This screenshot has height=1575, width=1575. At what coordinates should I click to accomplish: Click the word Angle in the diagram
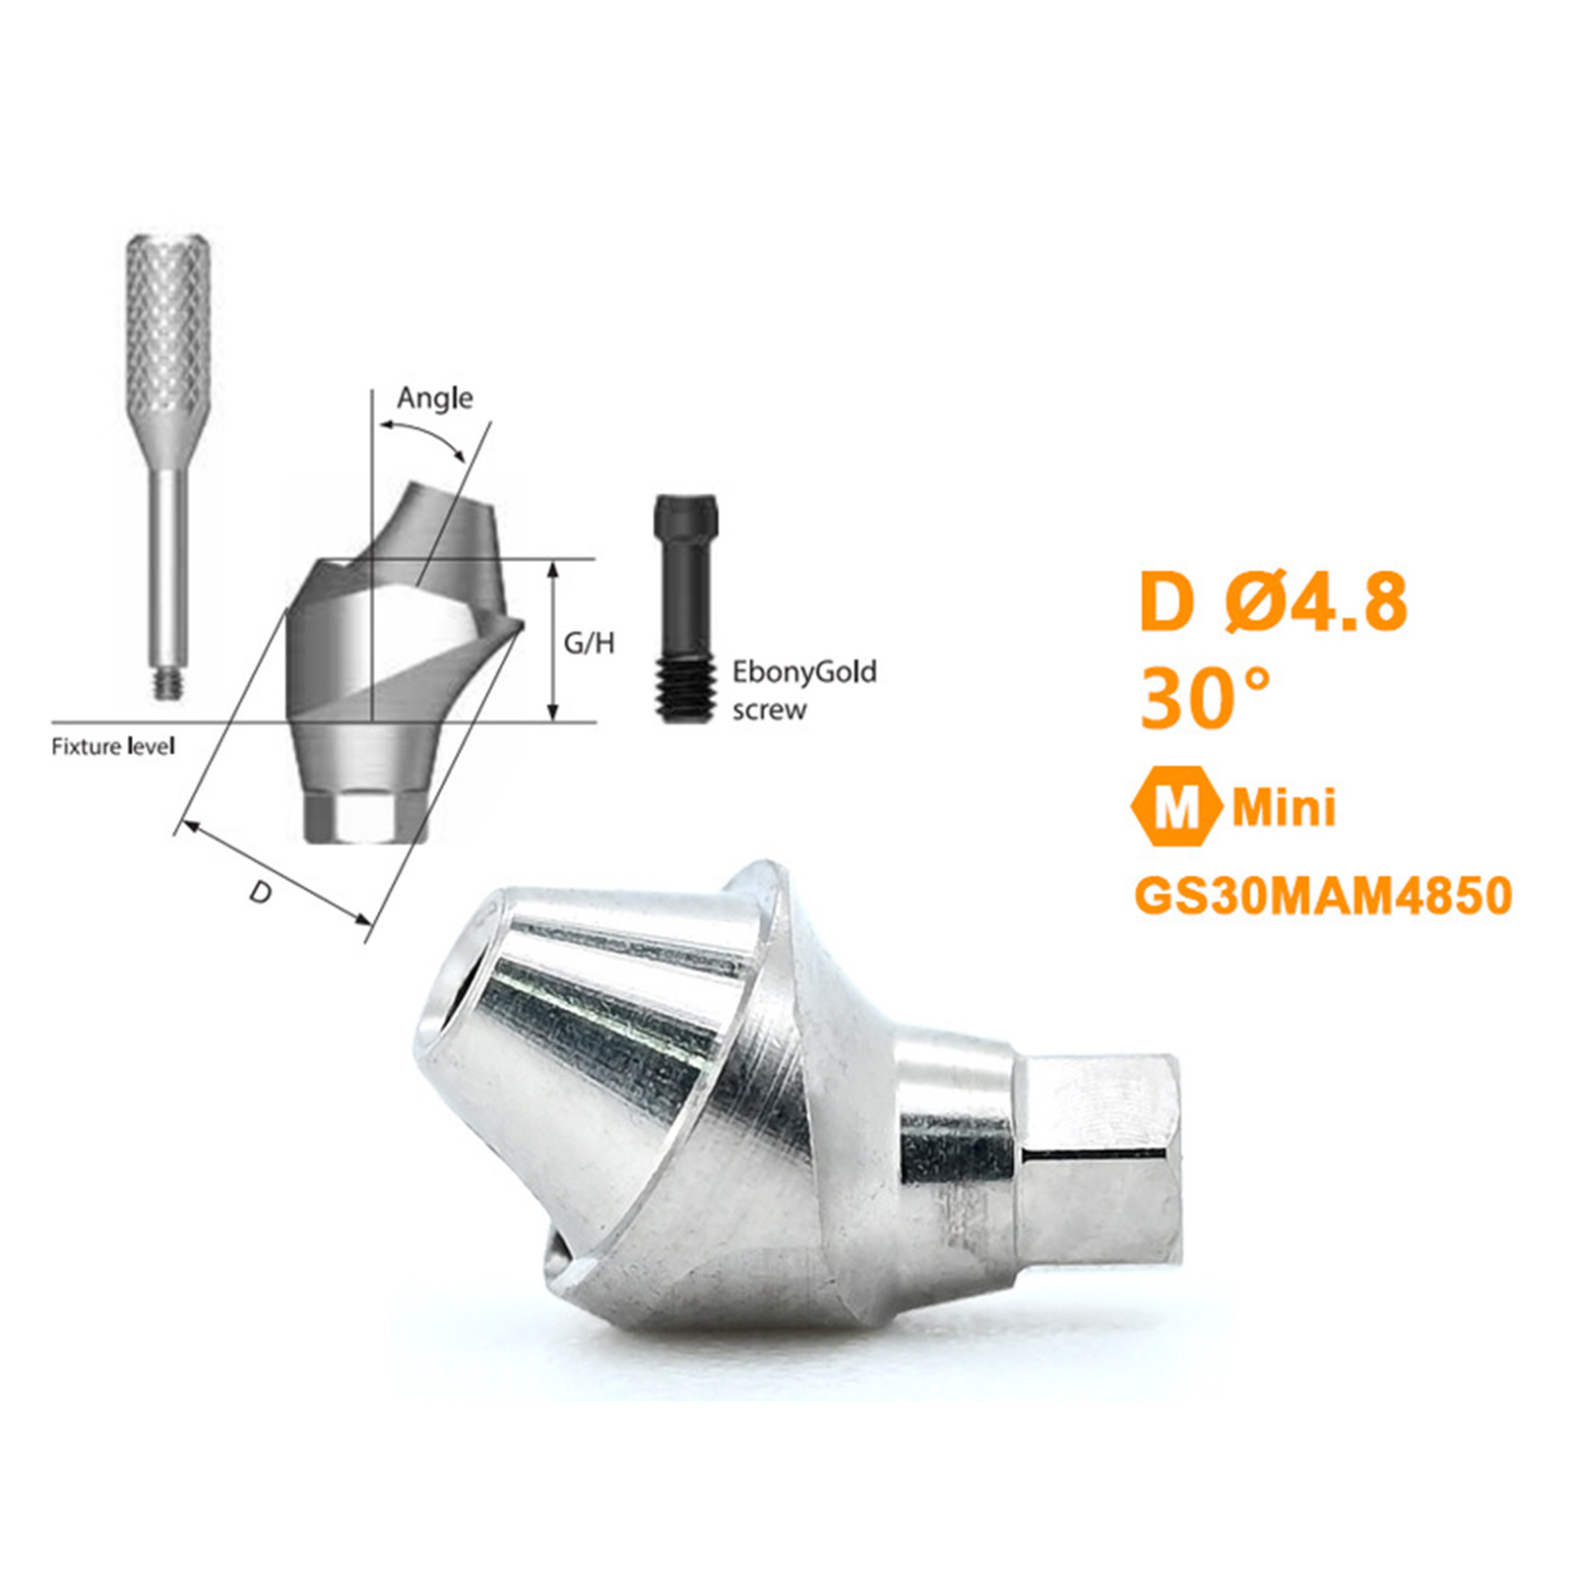[x=434, y=399]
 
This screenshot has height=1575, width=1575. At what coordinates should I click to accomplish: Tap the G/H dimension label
[x=589, y=643]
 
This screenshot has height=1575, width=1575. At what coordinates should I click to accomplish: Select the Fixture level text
[x=113, y=746]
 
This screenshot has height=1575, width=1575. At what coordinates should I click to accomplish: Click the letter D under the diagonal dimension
[x=260, y=892]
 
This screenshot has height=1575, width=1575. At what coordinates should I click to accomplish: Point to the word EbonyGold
[x=804, y=672]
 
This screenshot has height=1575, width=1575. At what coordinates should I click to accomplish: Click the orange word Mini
[x=1285, y=808]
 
